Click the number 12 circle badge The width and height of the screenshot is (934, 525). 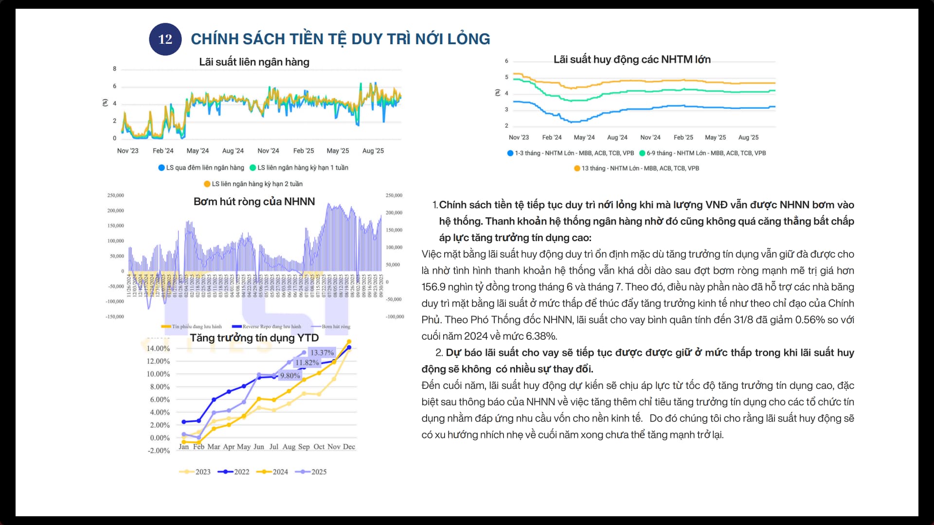coord(165,39)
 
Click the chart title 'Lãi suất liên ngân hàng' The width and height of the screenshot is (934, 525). coord(254,62)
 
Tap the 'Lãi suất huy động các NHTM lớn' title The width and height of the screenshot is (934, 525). coord(632,59)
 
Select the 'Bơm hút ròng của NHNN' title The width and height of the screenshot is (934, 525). coord(254,202)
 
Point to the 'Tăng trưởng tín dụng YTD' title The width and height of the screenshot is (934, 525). coord(254,338)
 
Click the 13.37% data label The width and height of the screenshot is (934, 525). coord(322,352)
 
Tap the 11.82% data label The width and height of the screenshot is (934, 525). coord(307,363)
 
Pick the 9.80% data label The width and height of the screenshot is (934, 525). coord(290,375)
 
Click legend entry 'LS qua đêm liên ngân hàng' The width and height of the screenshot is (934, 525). coord(201,168)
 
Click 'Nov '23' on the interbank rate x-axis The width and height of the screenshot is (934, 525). coord(127,151)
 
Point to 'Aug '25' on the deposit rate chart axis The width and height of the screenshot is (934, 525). coord(748,138)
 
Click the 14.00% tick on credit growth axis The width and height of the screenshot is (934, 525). coord(158,349)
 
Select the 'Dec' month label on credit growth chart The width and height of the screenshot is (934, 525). coord(349,447)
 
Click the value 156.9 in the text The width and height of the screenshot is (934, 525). coord(433,287)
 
